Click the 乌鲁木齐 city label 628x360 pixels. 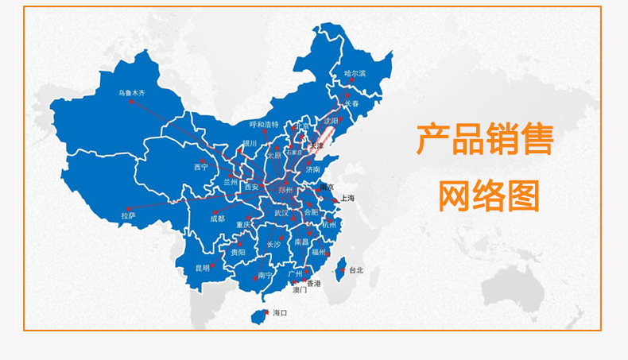131,94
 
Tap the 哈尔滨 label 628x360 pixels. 355,74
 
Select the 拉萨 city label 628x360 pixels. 128,215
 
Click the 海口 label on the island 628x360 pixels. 280,313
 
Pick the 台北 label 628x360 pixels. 355,270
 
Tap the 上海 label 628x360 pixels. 347,198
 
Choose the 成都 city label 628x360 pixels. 218,218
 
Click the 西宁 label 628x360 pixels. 200,168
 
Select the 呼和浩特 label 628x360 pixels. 264,125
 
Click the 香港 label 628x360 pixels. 314,283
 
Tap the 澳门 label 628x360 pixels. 300,291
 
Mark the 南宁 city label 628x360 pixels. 266,276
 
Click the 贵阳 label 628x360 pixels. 238,252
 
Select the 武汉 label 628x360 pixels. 281,213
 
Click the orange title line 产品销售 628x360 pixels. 485,140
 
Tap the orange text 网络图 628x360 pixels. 489,195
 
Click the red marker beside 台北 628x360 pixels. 343,270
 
